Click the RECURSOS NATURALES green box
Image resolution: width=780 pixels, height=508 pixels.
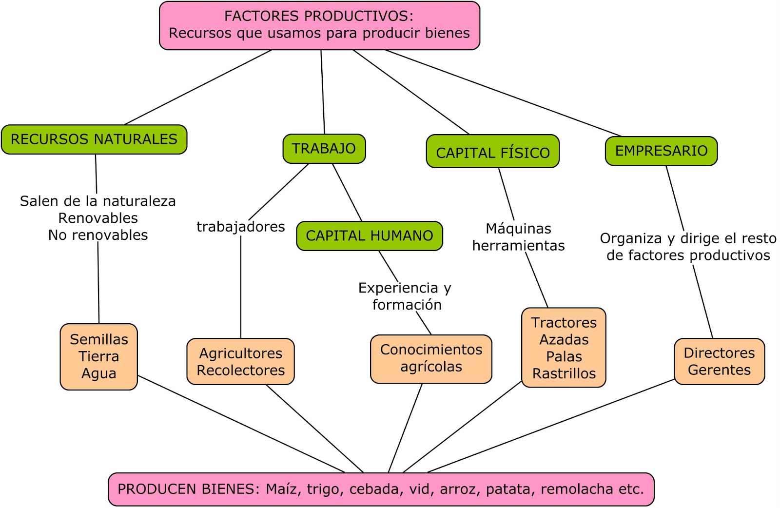coord(94,139)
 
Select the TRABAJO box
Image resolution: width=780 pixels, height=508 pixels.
coord(324,149)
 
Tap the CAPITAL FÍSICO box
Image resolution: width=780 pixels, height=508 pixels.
coord(493,153)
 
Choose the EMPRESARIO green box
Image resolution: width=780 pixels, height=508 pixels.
coord(661,151)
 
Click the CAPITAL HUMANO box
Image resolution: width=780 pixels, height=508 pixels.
coord(370,236)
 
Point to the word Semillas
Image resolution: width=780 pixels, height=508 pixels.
coord(99,339)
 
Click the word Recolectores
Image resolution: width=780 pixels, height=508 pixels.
coord(241,371)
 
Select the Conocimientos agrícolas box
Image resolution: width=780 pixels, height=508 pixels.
coord(431,358)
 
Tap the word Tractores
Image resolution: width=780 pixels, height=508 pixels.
coord(564,323)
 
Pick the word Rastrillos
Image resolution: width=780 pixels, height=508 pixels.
coord(564,374)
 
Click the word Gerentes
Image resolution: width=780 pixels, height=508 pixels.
coord(719,370)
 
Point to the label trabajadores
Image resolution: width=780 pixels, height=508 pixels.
coord(241,227)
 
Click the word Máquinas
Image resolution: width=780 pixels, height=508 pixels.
coord(518,229)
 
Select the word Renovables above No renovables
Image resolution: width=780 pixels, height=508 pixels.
coord(98,218)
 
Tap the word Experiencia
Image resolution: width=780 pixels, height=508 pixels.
coord(398,288)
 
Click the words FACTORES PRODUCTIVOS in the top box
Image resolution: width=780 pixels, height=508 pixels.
coord(319,16)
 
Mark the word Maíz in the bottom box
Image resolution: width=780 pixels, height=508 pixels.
coord(283,489)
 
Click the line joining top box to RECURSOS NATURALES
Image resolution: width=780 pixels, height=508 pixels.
coord(198,87)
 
